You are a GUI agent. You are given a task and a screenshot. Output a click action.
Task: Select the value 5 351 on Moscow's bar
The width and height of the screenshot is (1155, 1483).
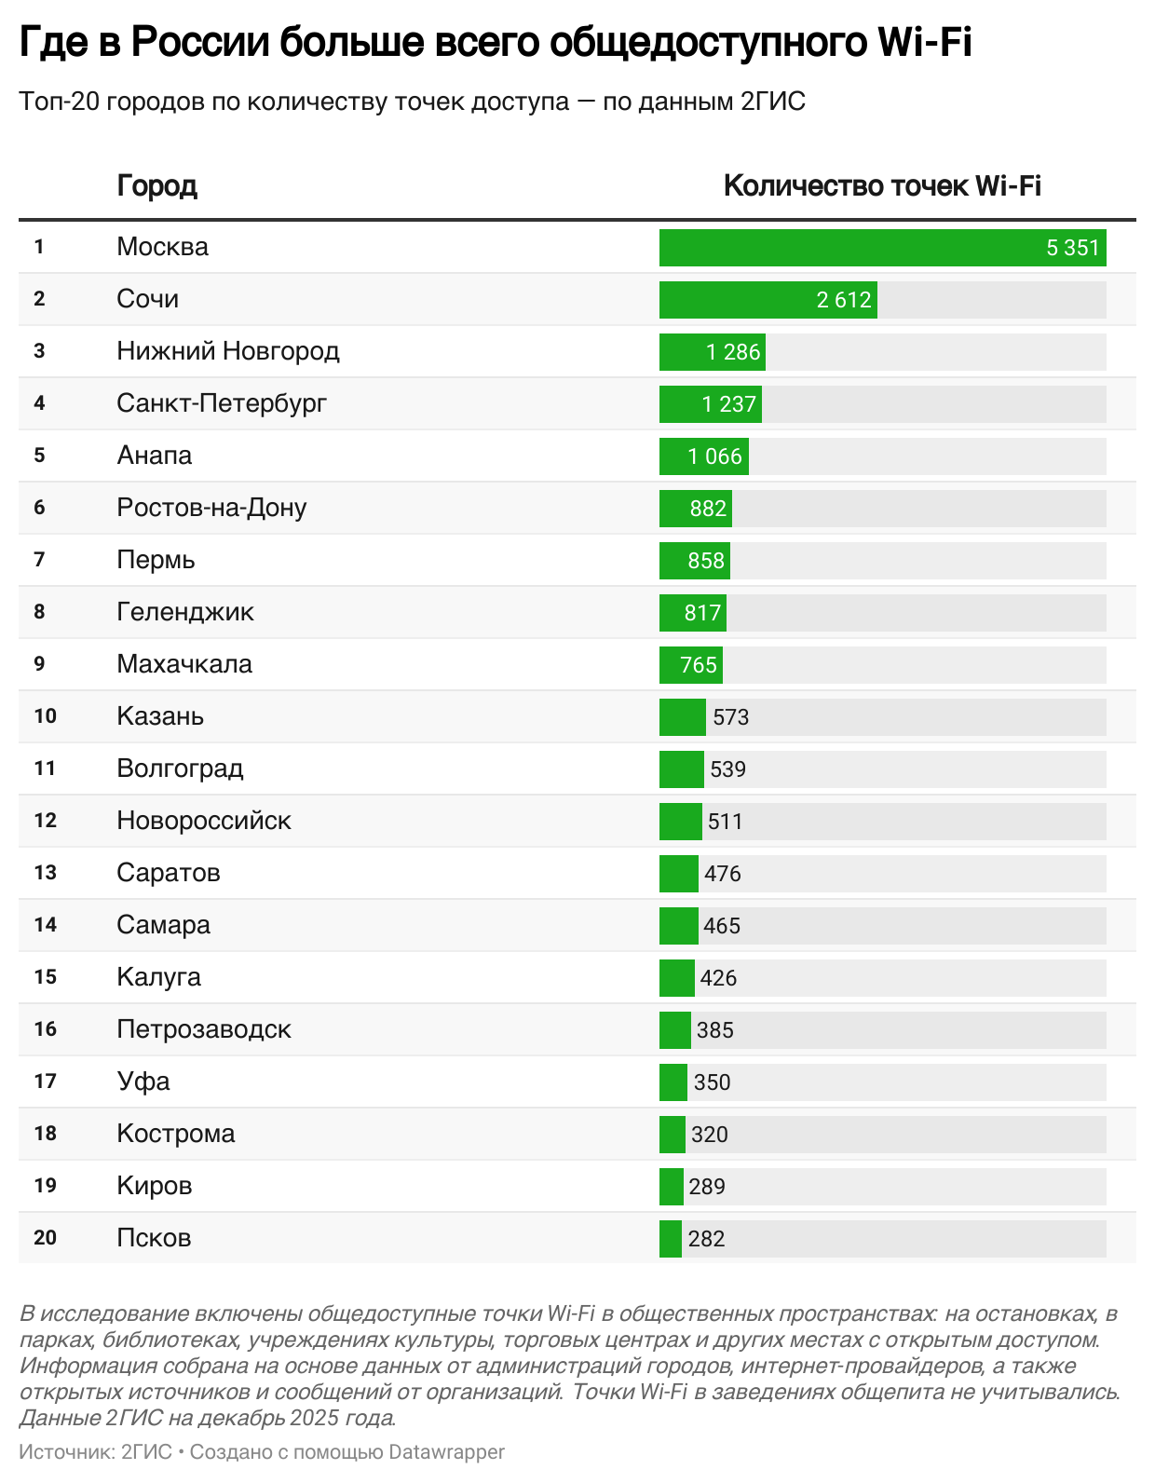click(1072, 248)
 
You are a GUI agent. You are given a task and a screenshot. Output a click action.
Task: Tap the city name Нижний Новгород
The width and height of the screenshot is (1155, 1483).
click(228, 351)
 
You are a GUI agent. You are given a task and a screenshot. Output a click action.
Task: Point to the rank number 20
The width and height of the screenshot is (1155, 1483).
click(45, 1238)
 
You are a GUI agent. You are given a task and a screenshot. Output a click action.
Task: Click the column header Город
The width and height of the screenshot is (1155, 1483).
click(156, 185)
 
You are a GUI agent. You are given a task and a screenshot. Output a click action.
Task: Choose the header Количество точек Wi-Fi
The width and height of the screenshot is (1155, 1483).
click(881, 185)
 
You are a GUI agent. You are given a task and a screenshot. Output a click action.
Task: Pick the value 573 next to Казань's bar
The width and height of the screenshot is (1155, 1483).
click(731, 717)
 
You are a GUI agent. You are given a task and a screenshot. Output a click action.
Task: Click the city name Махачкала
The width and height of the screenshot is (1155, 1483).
click(184, 664)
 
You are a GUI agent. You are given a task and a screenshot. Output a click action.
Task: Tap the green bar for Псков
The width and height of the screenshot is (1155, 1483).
click(670, 1239)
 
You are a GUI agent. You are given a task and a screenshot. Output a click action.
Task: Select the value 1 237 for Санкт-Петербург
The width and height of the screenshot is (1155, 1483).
click(729, 404)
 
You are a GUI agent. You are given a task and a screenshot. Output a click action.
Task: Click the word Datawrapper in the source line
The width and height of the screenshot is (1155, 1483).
click(446, 1451)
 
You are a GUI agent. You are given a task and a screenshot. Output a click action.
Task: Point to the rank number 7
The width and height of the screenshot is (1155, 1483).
click(39, 560)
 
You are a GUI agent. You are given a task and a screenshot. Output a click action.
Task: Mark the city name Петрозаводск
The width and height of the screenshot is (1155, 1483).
click(204, 1029)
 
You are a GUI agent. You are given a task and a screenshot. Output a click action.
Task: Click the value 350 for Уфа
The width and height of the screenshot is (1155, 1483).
click(712, 1082)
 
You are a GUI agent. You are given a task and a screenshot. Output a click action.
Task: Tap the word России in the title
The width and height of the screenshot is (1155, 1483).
click(196, 43)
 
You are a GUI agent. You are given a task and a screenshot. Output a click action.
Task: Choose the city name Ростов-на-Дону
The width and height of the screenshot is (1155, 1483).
click(211, 508)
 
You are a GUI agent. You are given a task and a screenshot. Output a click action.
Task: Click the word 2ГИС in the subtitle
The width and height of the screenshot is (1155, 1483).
click(773, 102)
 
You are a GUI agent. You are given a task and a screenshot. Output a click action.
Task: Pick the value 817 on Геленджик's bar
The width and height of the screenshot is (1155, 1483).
click(702, 613)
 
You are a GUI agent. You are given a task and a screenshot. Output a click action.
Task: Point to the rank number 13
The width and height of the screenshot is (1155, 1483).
click(45, 873)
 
